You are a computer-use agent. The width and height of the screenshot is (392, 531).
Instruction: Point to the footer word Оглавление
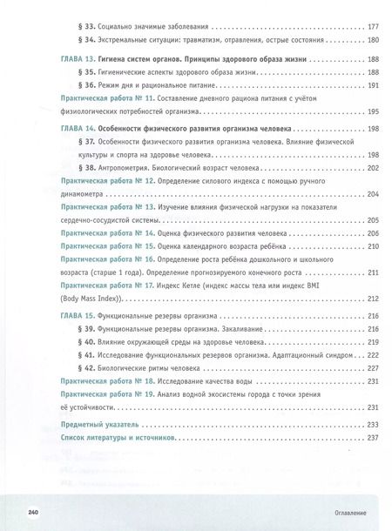click(x=338, y=513)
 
